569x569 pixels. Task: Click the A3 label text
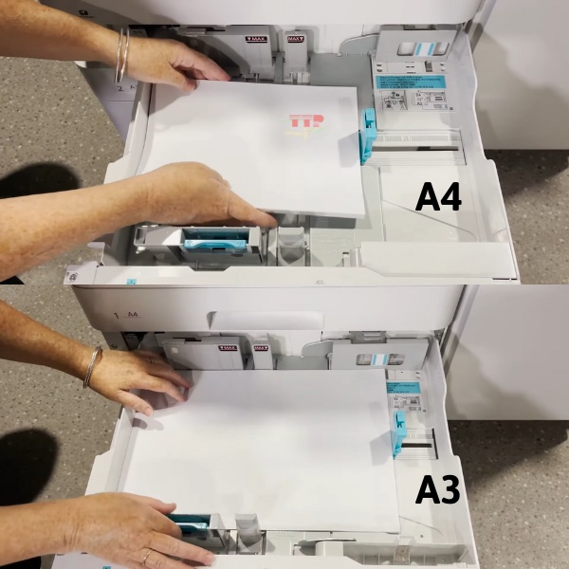[438, 489]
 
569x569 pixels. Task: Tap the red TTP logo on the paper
[305, 123]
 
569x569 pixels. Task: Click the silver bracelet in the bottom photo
[92, 366]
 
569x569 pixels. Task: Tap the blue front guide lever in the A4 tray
[214, 243]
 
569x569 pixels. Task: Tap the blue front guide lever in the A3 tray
[193, 523]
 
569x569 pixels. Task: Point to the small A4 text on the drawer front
[130, 313]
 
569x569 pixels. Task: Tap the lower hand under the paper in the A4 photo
[199, 194]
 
